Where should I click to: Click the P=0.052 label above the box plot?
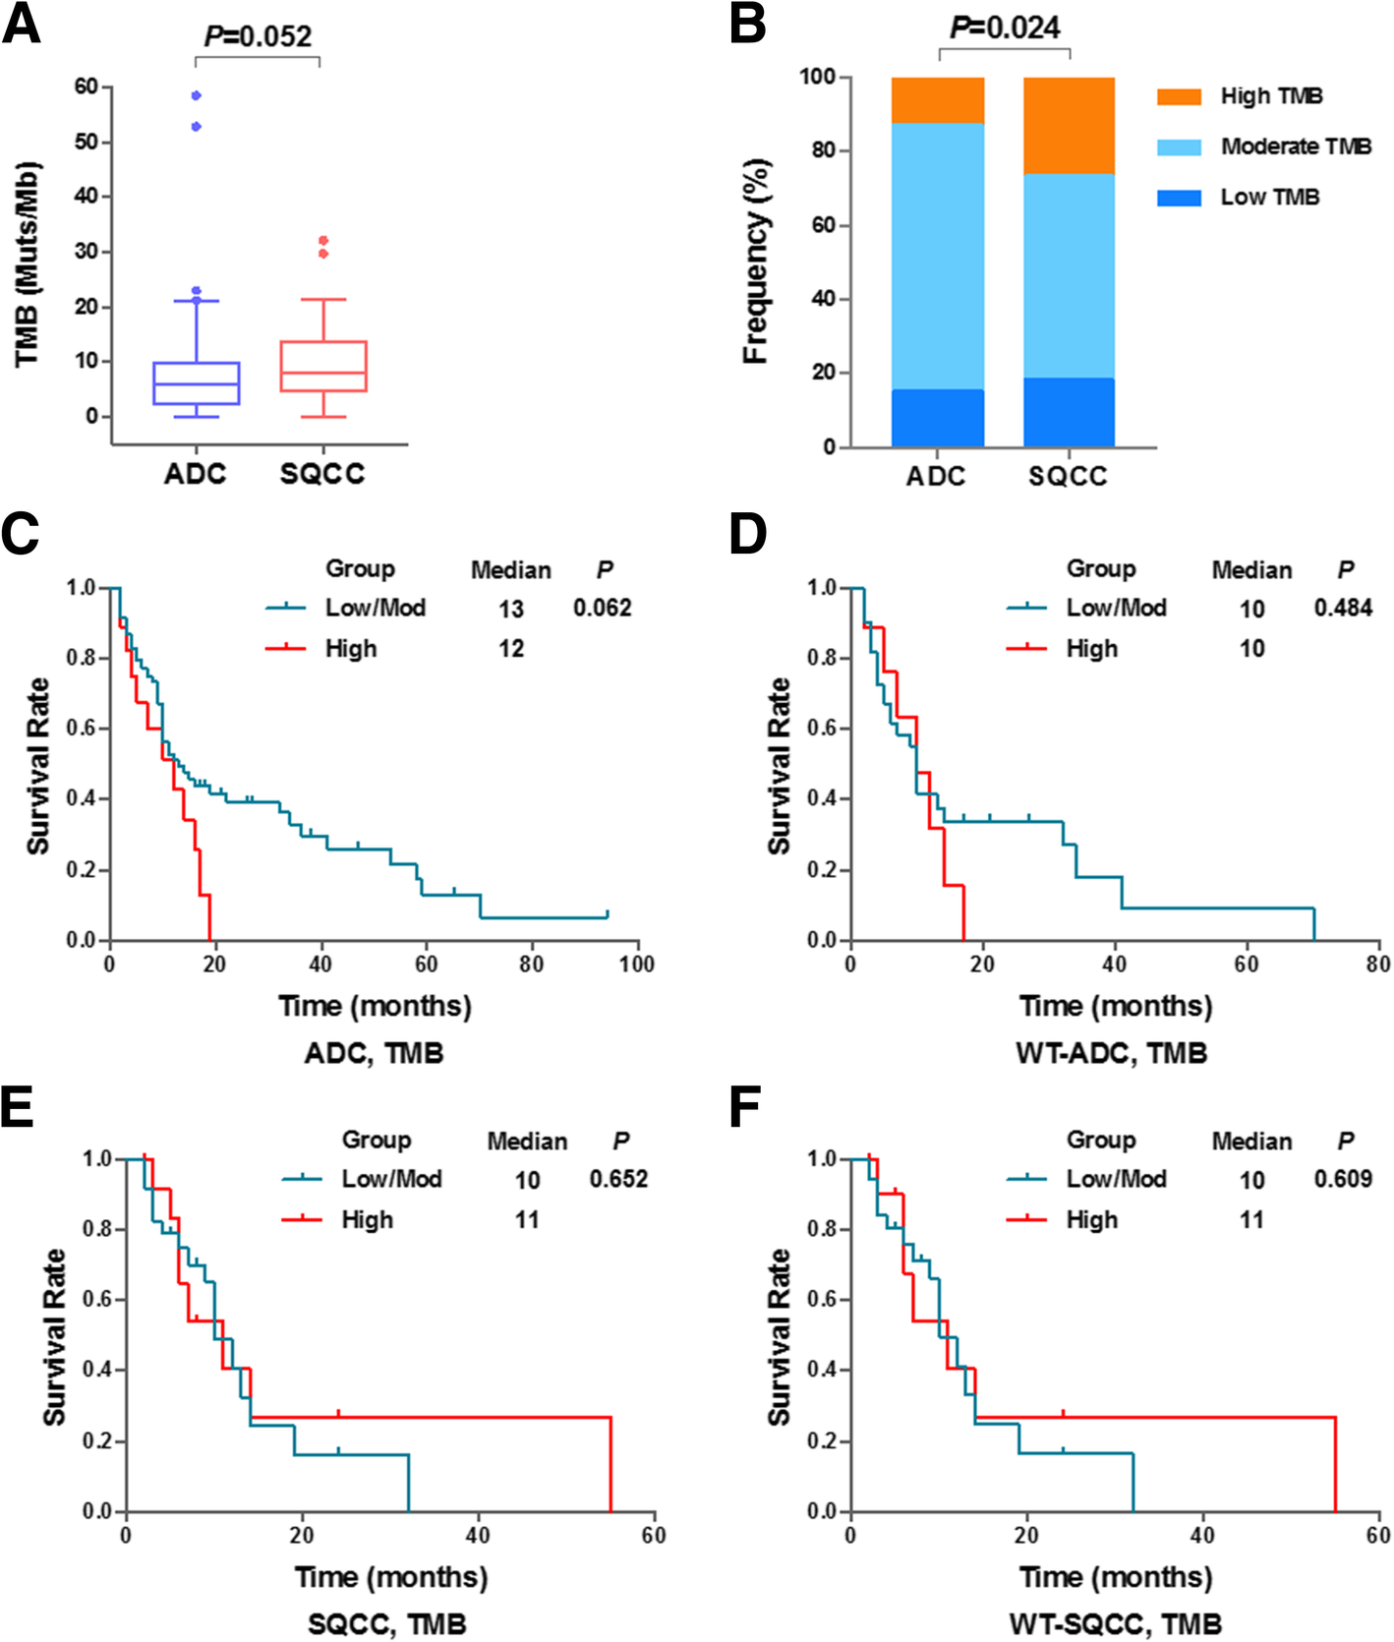(258, 36)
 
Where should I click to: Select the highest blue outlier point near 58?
(197, 95)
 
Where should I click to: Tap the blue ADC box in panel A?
(197, 382)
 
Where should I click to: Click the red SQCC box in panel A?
(323, 367)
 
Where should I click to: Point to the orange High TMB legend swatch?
(1179, 96)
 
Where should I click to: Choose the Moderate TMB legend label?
(1296, 147)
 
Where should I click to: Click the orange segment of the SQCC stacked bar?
(1069, 126)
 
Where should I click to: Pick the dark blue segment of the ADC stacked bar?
(938, 418)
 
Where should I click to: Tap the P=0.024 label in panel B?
(1005, 28)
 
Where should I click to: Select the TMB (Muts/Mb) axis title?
(27, 264)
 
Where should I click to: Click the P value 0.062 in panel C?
(602, 608)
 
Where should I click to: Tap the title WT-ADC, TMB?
(1111, 1053)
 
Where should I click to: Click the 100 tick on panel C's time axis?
(636, 964)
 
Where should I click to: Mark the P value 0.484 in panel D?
(1343, 608)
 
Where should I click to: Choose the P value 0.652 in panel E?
(618, 1178)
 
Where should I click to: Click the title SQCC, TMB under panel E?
(387, 1623)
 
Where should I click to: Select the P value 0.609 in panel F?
(1343, 1178)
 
